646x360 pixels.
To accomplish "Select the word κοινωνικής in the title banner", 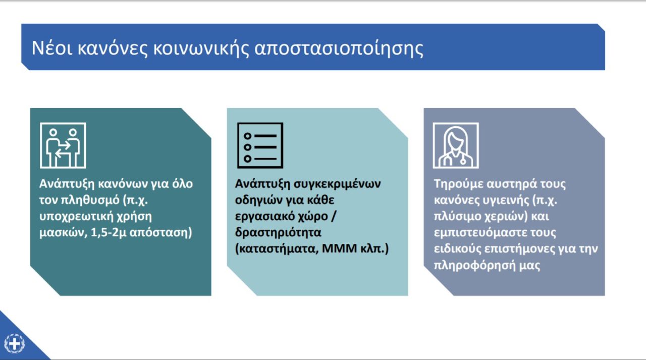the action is pyautogui.click(x=201, y=48).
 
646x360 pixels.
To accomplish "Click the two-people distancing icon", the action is pyautogui.click(x=63, y=145).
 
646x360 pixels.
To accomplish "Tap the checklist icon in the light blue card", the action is pyautogui.click(x=260, y=145).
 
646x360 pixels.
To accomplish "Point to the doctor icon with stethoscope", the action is pyautogui.click(x=456, y=145).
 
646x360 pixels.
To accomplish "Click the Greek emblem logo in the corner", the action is pyautogui.click(x=15, y=343).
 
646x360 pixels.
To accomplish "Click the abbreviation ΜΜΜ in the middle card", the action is pyautogui.click(x=339, y=248).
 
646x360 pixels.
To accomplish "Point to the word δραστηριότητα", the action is pyautogui.click(x=278, y=232).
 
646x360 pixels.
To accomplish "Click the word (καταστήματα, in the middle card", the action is pyautogui.click(x=277, y=249).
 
